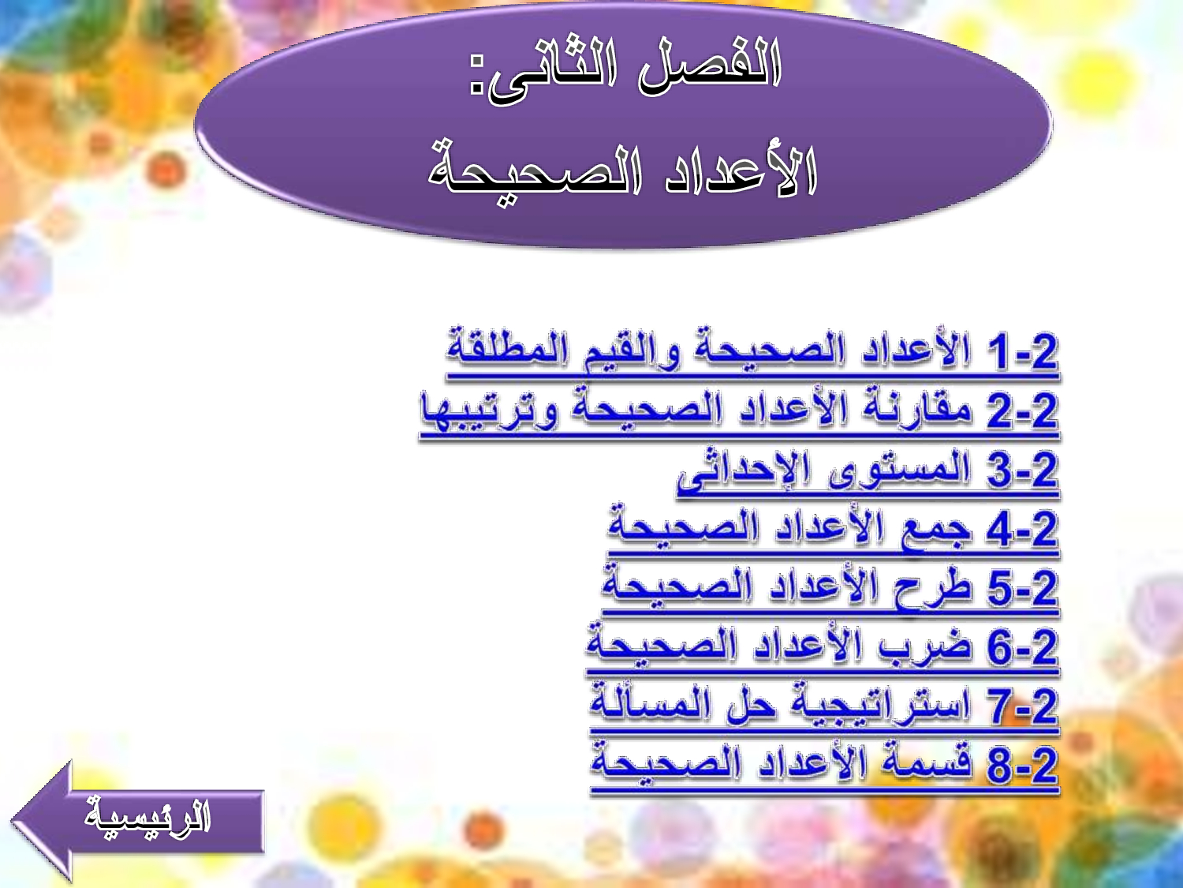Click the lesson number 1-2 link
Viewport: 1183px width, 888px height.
pos(1022,351)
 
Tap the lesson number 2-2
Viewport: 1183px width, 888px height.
pos(1022,411)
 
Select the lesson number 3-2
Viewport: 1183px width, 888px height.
pos(1022,470)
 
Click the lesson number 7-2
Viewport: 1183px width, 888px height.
pos(1022,706)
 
